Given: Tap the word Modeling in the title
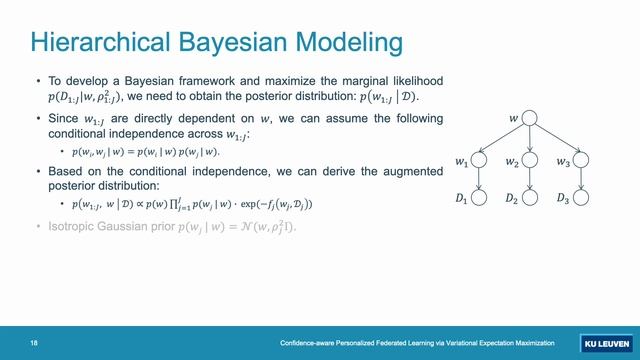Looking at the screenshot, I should point(347,42).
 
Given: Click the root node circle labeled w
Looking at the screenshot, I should point(530,119).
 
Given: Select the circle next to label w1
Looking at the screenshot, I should point(479,159).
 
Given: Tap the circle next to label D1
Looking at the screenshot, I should point(479,198).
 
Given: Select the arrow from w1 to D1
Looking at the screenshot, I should point(479,179).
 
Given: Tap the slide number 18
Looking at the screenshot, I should point(34,343).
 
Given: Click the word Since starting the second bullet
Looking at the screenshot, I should point(62,118).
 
